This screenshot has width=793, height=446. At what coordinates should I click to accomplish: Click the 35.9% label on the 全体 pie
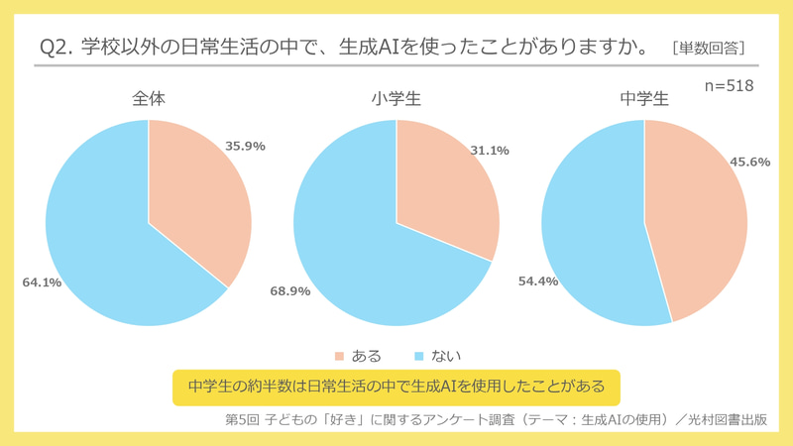[245, 145]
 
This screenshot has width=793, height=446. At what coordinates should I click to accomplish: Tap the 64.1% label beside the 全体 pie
[42, 282]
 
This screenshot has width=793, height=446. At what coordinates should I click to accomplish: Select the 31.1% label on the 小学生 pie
[489, 151]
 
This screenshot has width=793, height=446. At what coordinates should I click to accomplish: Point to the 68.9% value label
[290, 291]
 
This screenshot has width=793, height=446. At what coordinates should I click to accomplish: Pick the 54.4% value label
[537, 281]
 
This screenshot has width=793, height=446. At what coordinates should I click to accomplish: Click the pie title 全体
[150, 99]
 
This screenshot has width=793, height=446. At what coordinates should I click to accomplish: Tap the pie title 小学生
[396, 99]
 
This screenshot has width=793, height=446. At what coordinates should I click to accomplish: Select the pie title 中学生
[644, 99]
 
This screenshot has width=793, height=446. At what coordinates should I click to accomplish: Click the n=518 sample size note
[729, 86]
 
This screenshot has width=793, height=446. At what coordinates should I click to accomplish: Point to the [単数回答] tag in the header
[708, 47]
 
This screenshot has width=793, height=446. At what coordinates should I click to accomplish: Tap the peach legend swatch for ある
[339, 355]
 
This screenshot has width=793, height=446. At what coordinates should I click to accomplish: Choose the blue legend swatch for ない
[418, 355]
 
